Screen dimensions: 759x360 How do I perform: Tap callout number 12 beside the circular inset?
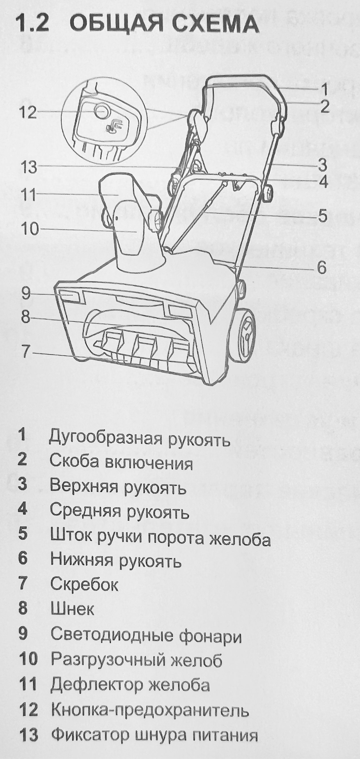coord(28,113)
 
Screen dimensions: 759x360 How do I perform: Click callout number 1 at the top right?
coord(324,89)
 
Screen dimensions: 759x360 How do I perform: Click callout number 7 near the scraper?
coord(26,352)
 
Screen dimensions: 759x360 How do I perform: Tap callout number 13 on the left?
coord(29,167)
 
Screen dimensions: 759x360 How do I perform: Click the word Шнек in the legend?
coord(72,609)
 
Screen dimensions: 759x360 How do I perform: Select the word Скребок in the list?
coord(84,584)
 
